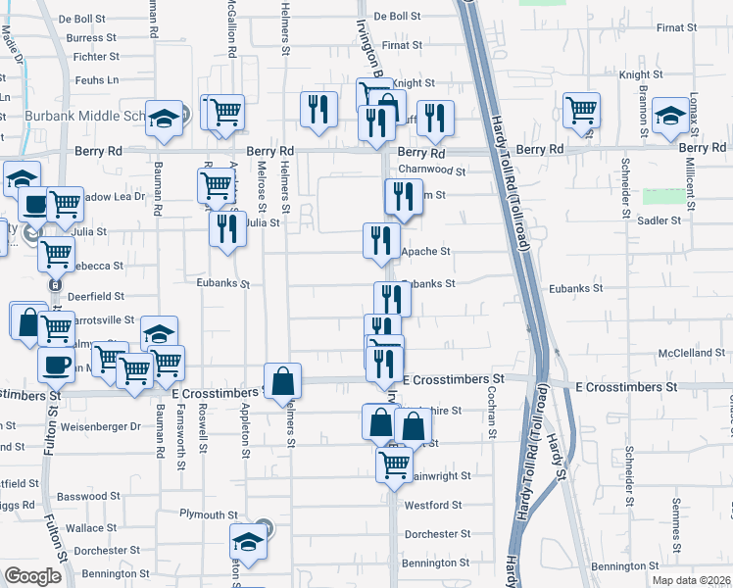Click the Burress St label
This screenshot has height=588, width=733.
click(x=92, y=37)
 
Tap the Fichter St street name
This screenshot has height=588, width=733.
click(x=96, y=58)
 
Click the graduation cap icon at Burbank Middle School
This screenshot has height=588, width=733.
click(x=166, y=119)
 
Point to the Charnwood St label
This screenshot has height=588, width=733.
click(x=432, y=170)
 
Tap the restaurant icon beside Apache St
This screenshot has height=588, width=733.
click(x=381, y=240)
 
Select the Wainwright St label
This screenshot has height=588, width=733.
click(x=436, y=476)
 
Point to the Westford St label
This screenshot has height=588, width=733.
click(x=432, y=506)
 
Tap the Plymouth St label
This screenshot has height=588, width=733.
click(x=209, y=514)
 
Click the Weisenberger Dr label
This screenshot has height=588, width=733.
click(x=101, y=427)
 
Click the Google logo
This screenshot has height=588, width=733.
click(x=33, y=575)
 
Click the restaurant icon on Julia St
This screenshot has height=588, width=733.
click(x=226, y=230)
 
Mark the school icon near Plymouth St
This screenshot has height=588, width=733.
click(x=248, y=542)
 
